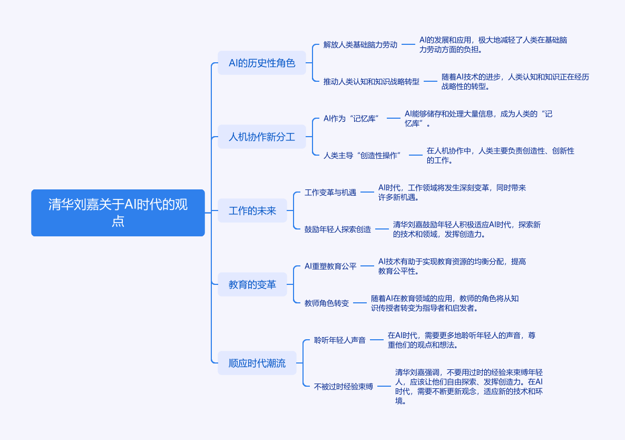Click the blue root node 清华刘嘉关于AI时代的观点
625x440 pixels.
(x=118, y=213)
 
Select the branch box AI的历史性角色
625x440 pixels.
(x=262, y=63)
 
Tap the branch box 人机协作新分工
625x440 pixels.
(x=262, y=137)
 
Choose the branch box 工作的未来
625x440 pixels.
(x=252, y=211)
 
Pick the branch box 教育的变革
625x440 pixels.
(x=252, y=284)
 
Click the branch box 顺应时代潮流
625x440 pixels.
(x=257, y=363)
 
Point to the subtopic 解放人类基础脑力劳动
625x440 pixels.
(x=360, y=45)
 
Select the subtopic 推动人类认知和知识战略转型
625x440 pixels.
(x=372, y=81)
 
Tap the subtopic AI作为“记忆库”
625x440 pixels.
(x=351, y=119)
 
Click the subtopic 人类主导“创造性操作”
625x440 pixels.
(x=363, y=155)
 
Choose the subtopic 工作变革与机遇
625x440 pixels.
(x=330, y=192)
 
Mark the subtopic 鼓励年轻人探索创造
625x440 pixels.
(x=338, y=229)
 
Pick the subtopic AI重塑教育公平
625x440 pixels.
(x=330, y=266)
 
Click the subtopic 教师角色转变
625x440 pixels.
(x=327, y=303)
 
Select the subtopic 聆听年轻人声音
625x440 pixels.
(x=339, y=340)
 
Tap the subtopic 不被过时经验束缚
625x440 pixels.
(x=344, y=387)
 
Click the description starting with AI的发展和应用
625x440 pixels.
(x=493, y=45)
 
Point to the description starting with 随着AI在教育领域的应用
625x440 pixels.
(x=445, y=303)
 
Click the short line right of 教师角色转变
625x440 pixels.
(x=360, y=303)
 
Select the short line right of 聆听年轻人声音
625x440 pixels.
(x=377, y=340)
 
